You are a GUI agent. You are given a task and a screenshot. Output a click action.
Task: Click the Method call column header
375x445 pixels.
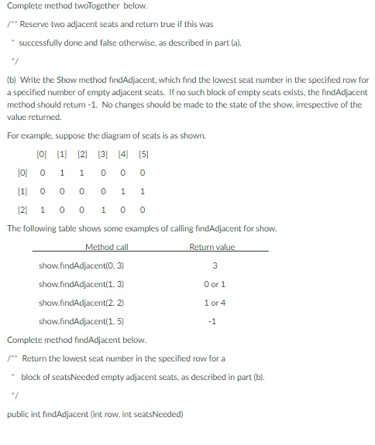[106, 248]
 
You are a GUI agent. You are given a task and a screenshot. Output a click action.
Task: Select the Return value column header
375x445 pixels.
[212, 248]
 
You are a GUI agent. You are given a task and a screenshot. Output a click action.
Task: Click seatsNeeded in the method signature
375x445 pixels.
[155, 414]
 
